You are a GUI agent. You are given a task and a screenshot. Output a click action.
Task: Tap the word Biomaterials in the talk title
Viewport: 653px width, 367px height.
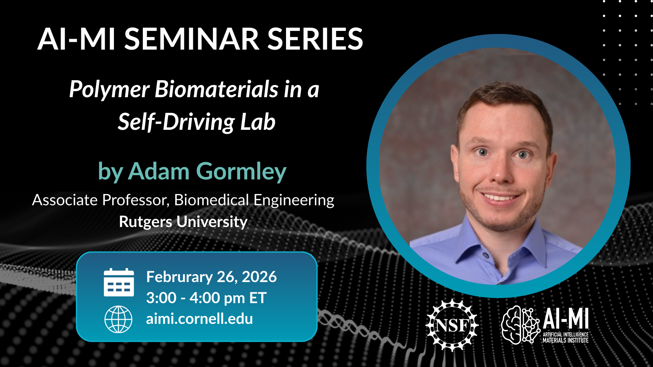point(216,89)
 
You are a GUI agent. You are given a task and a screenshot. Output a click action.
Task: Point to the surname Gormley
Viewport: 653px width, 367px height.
point(241,172)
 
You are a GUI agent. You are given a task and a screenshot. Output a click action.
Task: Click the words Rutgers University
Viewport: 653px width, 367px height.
point(183,222)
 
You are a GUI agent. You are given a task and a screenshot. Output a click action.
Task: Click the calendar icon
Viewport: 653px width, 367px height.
point(119,282)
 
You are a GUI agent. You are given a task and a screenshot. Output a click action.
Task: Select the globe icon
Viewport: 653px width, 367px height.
point(118,319)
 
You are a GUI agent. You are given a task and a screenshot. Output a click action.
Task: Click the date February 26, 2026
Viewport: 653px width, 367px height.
point(211,277)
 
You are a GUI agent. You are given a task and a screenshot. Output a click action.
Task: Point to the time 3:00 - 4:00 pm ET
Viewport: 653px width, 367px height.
point(206,298)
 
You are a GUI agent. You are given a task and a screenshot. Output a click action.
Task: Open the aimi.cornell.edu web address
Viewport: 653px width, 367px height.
point(199,319)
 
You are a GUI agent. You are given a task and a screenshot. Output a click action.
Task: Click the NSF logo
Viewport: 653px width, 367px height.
point(452,325)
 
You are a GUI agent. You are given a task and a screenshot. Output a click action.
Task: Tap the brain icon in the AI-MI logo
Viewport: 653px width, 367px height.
point(520,325)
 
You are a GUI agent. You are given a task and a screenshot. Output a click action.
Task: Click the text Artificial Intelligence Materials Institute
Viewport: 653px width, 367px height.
point(565,337)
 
